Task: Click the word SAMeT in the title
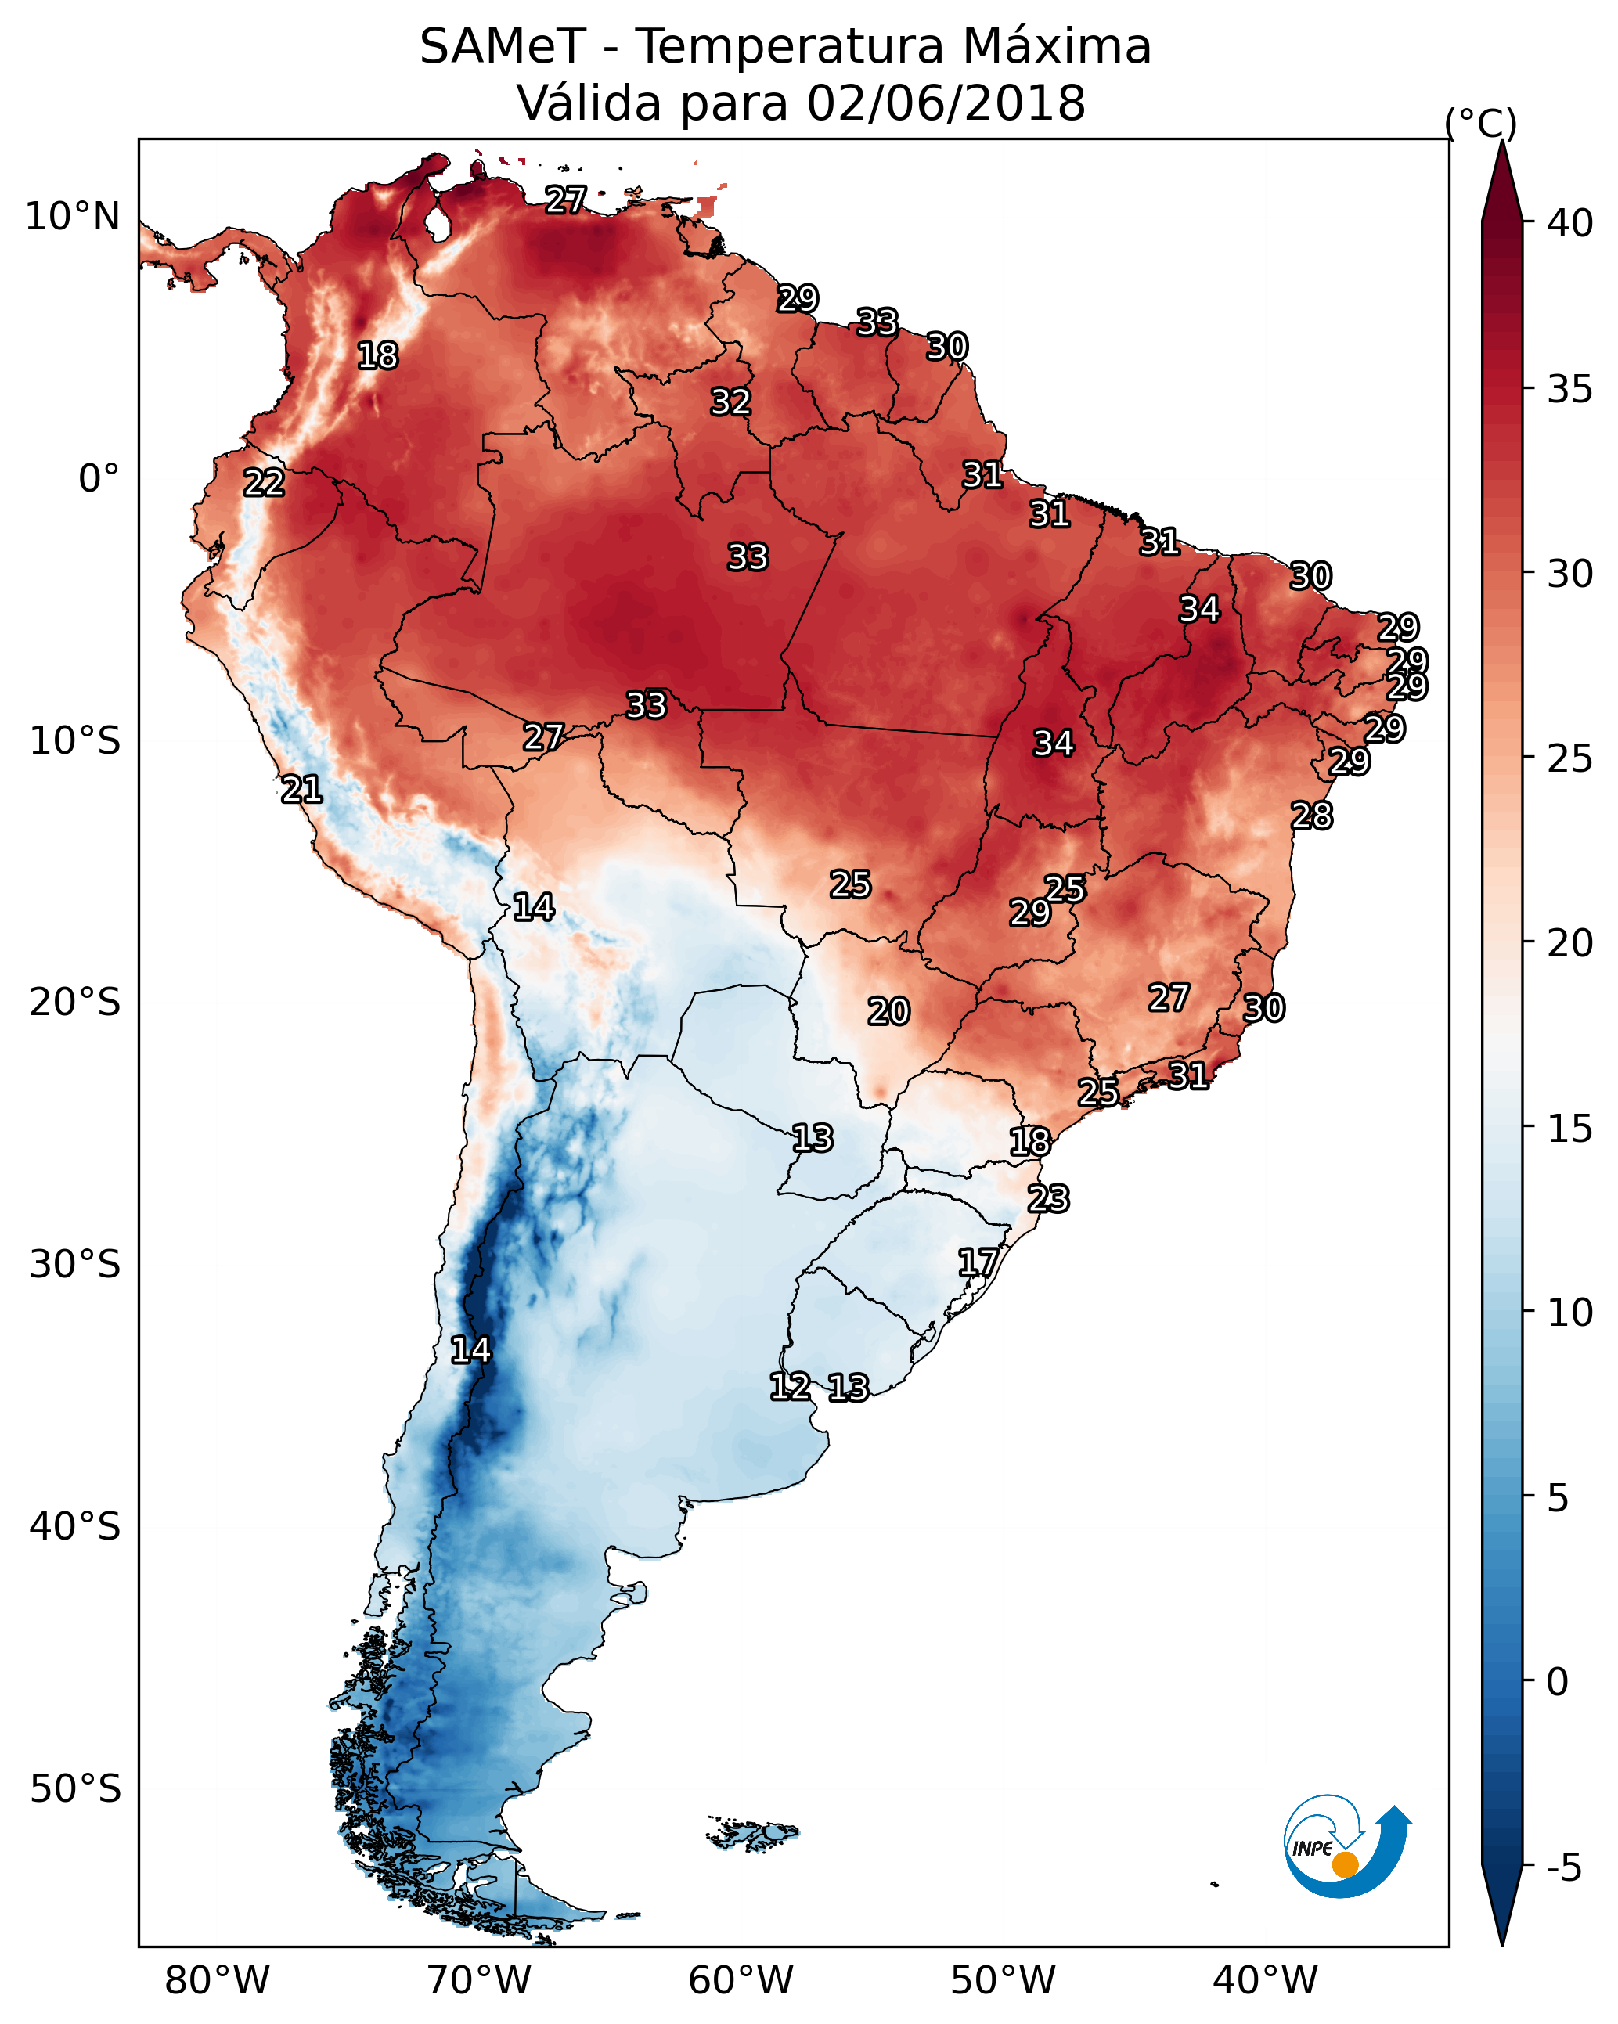(503, 47)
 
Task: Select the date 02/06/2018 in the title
(946, 103)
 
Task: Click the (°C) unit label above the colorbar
(1480, 123)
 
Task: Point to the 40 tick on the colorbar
(1570, 223)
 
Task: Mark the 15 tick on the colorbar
(1570, 1129)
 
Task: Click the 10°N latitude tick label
(72, 217)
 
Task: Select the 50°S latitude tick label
(75, 1789)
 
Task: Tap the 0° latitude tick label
(99, 479)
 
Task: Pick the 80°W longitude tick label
(217, 1981)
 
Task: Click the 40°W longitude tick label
(1265, 1981)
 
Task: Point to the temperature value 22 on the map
(264, 484)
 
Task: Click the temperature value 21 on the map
(301, 790)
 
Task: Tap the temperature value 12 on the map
(790, 1387)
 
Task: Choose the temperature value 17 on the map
(978, 1262)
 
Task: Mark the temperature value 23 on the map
(1048, 1199)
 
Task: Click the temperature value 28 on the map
(1312, 816)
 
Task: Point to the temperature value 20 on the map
(888, 1012)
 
